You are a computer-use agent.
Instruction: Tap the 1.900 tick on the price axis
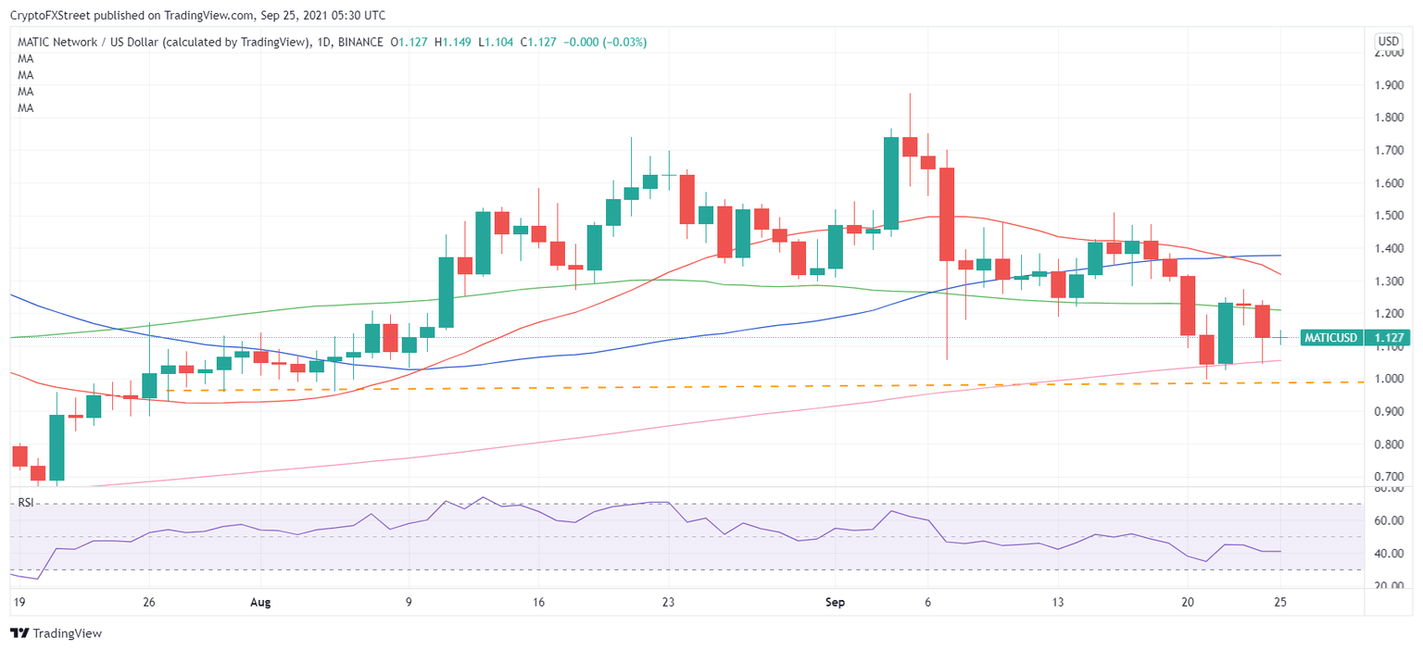1388,86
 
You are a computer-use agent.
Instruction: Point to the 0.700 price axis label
1388,477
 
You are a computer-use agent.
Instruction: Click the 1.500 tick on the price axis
1388,216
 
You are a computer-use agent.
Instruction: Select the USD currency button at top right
1389,42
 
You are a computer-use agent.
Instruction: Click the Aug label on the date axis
260,602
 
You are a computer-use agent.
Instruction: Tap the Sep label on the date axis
835,602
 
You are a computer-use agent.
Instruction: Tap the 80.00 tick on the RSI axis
1387,488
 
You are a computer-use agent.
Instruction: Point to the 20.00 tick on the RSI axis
1387,586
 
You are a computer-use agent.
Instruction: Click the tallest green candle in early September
891,182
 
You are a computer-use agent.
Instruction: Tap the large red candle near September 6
947,214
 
